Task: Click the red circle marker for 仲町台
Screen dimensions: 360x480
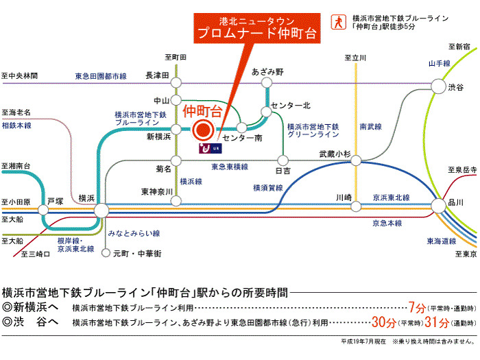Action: (x=202, y=130)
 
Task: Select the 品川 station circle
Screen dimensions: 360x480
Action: (x=438, y=204)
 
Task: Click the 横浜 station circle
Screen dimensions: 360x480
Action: (x=101, y=210)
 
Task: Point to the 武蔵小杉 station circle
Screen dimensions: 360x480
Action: (x=356, y=160)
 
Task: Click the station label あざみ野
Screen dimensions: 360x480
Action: (x=267, y=71)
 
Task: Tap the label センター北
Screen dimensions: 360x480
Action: (x=291, y=105)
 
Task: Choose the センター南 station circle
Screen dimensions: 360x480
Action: (x=241, y=127)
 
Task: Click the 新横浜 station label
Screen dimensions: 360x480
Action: (x=159, y=137)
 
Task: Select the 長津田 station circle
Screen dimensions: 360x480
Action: (x=176, y=82)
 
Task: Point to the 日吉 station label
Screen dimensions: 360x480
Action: (x=283, y=170)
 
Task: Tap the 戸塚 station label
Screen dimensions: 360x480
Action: (x=55, y=202)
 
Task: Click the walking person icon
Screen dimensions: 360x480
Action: (x=337, y=21)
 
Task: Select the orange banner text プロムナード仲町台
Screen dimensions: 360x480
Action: (x=248, y=33)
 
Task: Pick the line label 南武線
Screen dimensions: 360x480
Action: (x=368, y=127)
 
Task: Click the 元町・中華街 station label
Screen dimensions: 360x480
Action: (x=137, y=254)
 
